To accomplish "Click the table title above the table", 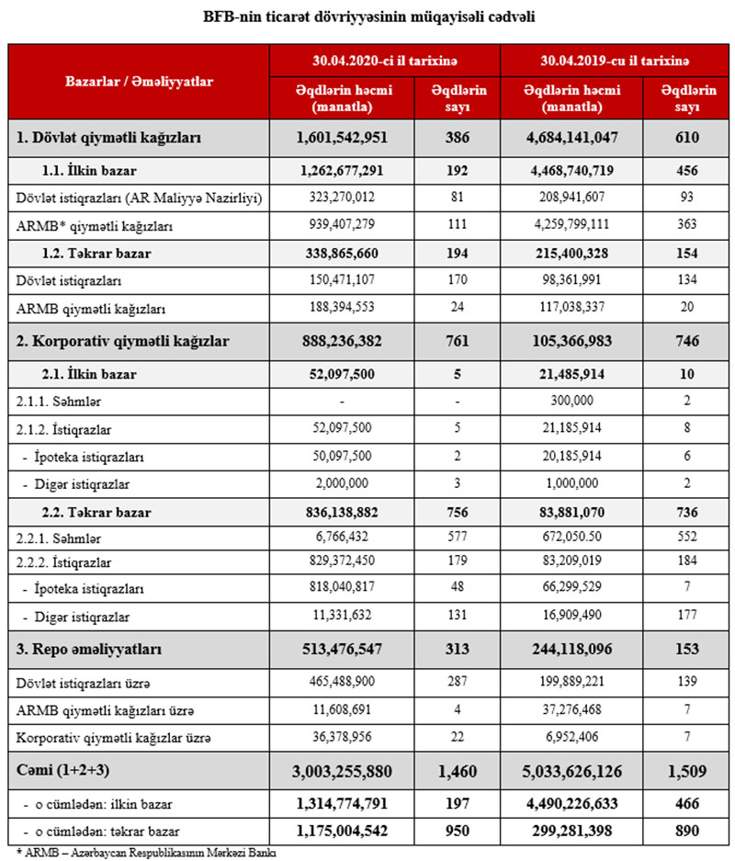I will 367,17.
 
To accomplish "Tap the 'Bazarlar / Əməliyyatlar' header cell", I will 139,81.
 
